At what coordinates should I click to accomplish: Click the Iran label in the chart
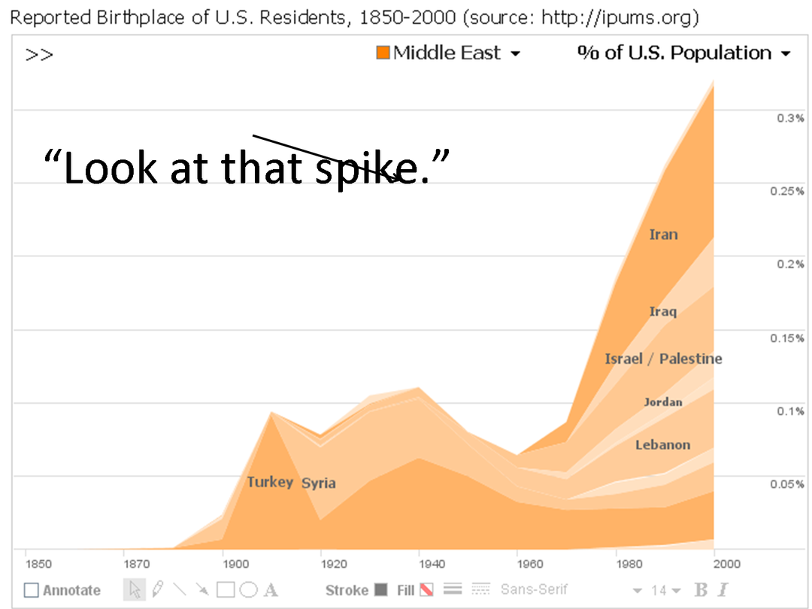click(663, 235)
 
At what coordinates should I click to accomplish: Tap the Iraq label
click(663, 311)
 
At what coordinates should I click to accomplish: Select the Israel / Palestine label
click(663, 359)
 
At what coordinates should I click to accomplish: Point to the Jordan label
click(663, 402)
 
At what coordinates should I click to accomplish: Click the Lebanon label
click(662, 445)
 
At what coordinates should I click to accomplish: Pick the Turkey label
click(270, 482)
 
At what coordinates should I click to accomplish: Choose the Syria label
click(319, 483)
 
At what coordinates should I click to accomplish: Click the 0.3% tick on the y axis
click(790, 118)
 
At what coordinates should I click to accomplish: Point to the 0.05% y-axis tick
click(787, 484)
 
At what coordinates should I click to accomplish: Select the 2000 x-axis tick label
click(727, 564)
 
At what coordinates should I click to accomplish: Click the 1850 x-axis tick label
click(39, 564)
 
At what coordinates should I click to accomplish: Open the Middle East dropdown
click(448, 53)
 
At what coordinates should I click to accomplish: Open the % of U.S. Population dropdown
click(683, 53)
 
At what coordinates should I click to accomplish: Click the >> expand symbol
click(39, 55)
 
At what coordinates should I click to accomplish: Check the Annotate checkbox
click(31, 590)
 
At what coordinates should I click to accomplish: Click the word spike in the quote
click(349, 168)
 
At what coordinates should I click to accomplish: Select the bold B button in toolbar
click(701, 590)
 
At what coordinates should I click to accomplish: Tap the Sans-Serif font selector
click(534, 590)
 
